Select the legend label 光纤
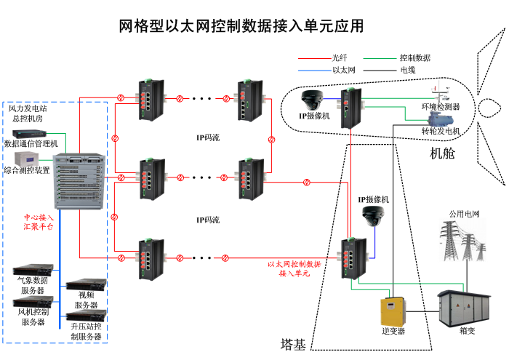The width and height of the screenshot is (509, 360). coord(340,57)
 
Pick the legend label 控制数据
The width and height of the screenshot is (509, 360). coord(415,57)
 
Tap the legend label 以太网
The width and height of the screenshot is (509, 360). coord(343,70)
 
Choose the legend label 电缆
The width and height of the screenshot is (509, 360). coord(408,70)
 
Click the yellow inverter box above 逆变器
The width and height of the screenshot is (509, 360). coord(395,311)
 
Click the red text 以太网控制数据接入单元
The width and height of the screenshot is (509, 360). coord(294,269)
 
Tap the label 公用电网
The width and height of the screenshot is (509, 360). coord(465,214)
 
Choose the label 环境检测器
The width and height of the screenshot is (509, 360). coord(440,106)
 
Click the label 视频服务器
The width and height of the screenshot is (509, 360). coord(86,300)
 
